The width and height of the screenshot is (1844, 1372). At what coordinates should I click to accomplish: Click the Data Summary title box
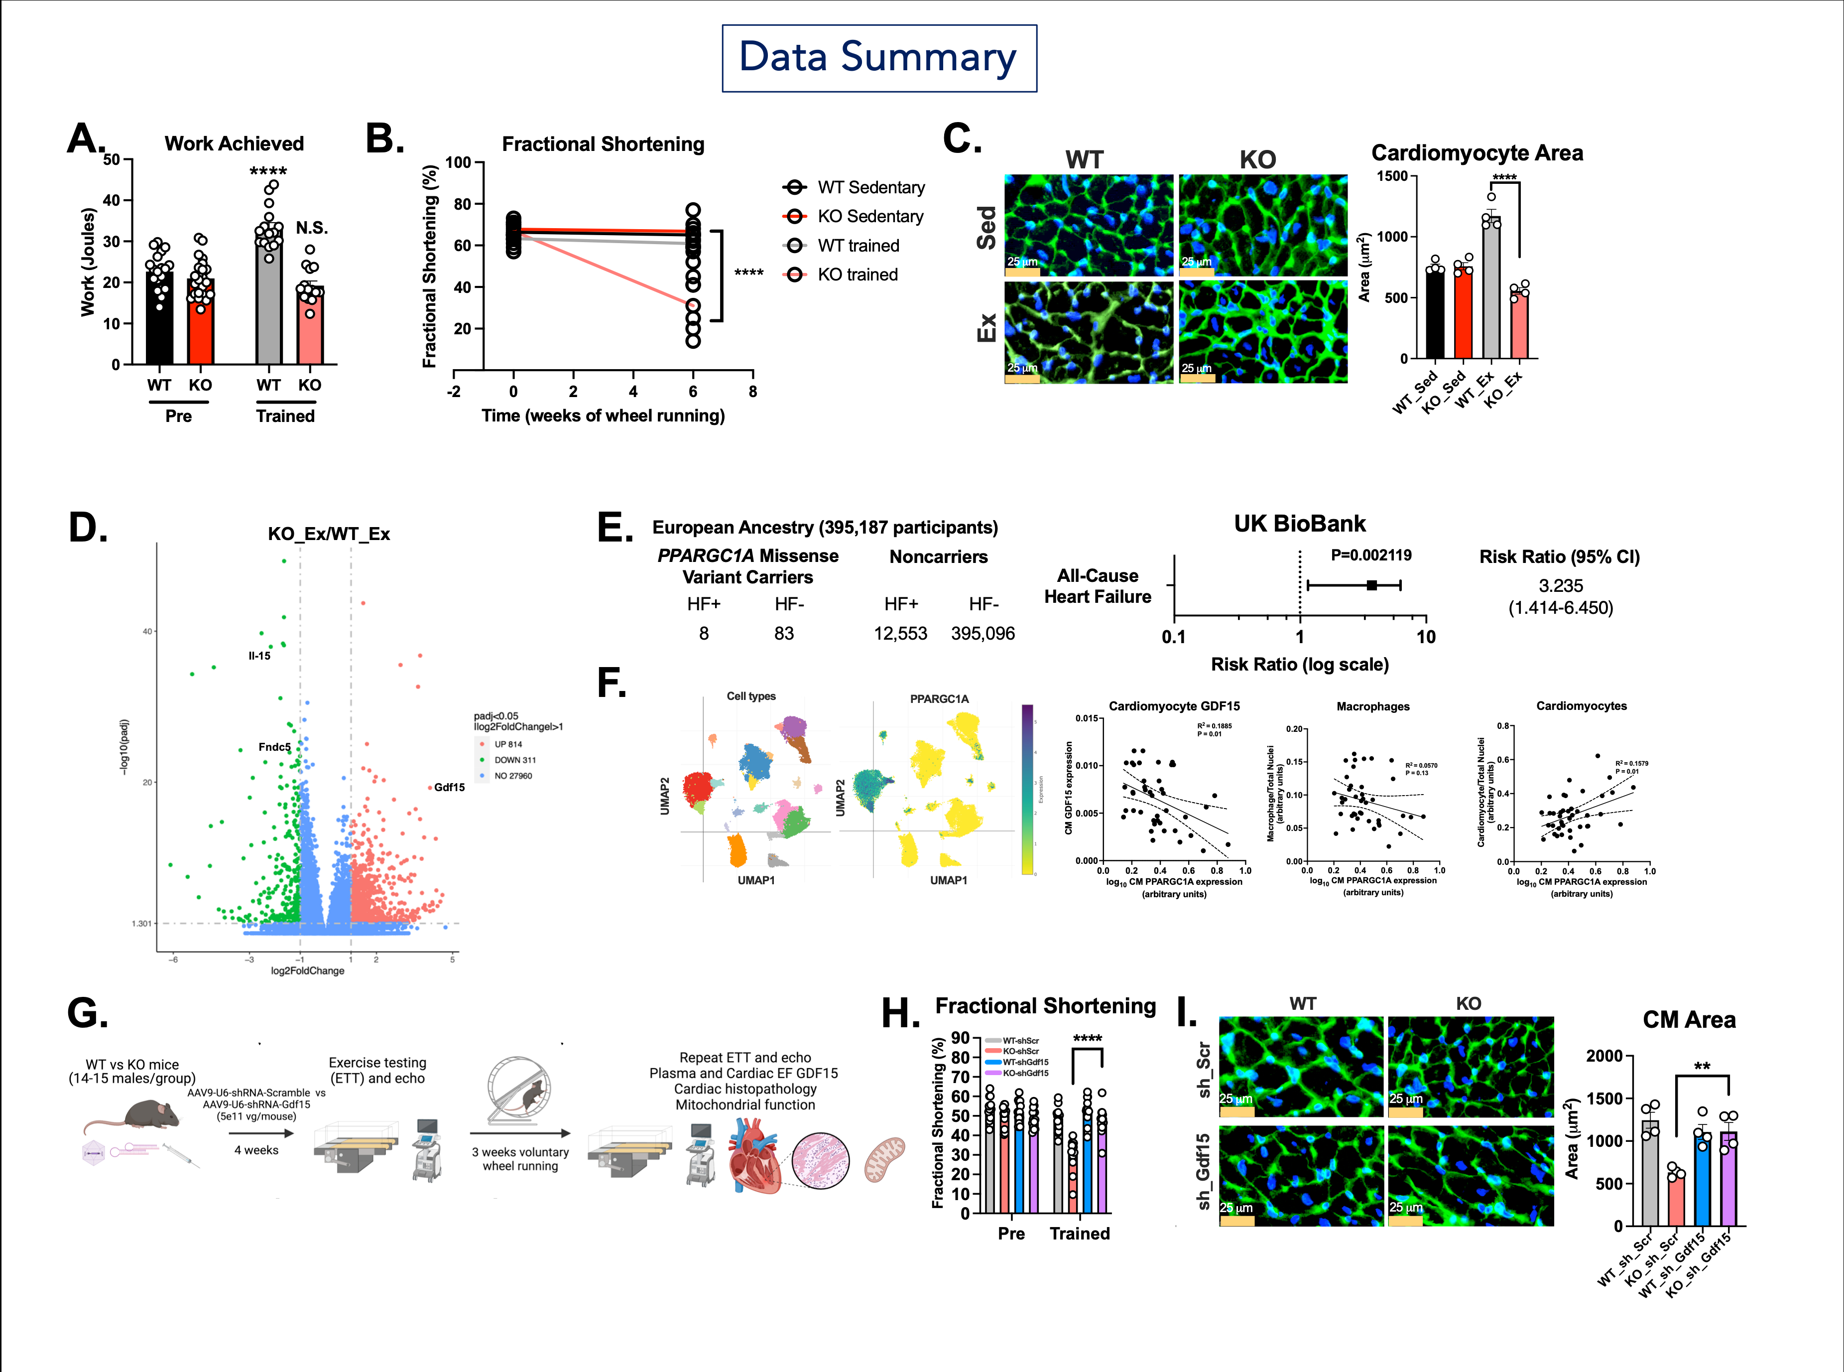pyautogui.click(x=878, y=58)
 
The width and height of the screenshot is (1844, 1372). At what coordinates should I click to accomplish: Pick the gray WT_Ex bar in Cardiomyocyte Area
pyautogui.click(x=1491, y=290)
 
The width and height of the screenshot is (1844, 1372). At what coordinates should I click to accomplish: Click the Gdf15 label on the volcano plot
pyautogui.click(x=449, y=787)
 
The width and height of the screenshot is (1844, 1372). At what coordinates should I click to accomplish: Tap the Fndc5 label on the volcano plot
pyautogui.click(x=274, y=747)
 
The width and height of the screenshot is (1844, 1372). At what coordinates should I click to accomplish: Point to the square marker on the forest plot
pyautogui.click(x=1371, y=585)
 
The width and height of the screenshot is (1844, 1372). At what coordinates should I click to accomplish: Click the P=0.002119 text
pyautogui.click(x=1371, y=555)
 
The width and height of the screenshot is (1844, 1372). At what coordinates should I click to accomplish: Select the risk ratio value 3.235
pyautogui.click(x=1560, y=585)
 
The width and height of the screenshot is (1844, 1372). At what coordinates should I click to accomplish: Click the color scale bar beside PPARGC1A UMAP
pyautogui.click(x=1028, y=789)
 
